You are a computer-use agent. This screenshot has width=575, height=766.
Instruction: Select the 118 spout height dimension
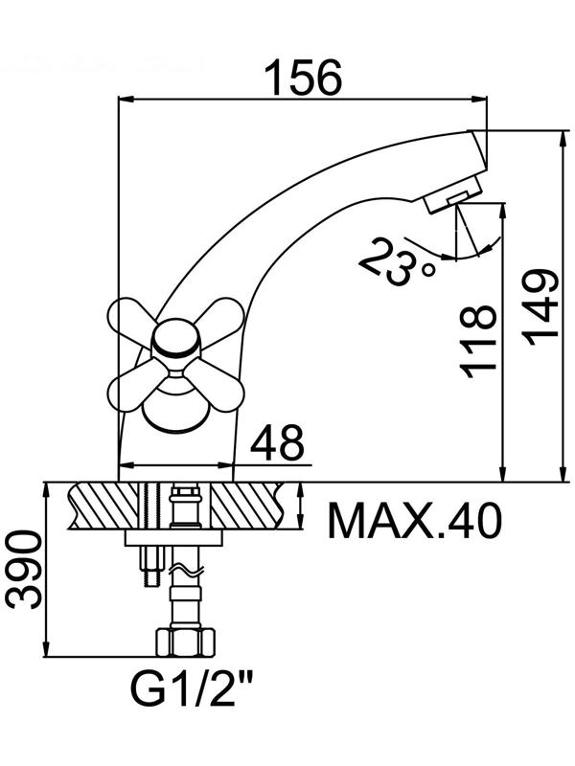pyautogui.click(x=477, y=341)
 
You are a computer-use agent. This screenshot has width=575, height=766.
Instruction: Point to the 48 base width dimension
pyautogui.click(x=277, y=442)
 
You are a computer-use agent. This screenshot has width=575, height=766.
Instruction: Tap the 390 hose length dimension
pyautogui.click(x=24, y=570)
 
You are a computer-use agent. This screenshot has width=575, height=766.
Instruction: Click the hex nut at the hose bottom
pyautogui.click(x=185, y=642)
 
